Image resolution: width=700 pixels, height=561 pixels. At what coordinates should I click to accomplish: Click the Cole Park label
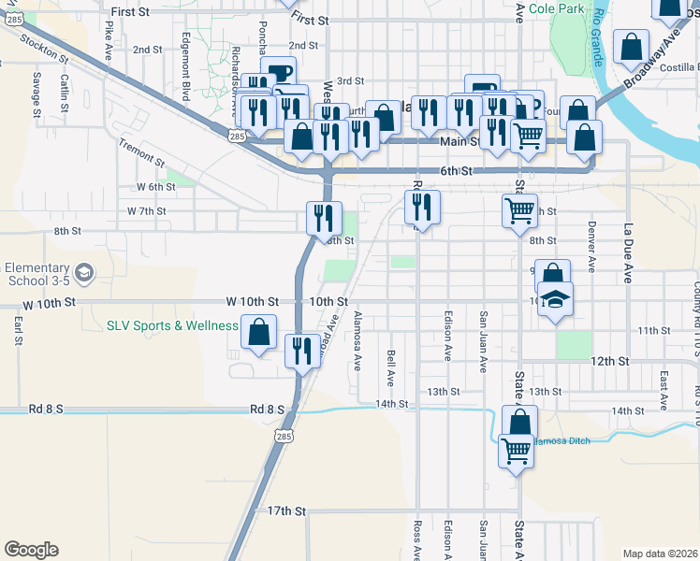pos(556,9)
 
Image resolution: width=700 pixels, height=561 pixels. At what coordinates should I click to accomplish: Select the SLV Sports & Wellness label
pos(172,325)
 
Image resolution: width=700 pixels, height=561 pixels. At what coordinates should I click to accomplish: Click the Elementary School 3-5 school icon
pos(84,273)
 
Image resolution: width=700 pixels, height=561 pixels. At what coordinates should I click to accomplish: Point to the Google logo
pos(31,550)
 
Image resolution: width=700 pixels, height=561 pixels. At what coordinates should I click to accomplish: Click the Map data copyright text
pos(661,554)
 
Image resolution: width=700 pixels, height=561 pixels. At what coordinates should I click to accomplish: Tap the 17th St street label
pos(286,511)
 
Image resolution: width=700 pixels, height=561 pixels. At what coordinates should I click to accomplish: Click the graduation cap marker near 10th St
pos(556,301)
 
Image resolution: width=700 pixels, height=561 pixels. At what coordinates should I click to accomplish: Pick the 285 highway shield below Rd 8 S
pos(284,436)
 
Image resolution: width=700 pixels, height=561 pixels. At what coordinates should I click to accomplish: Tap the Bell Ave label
pos(391,368)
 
